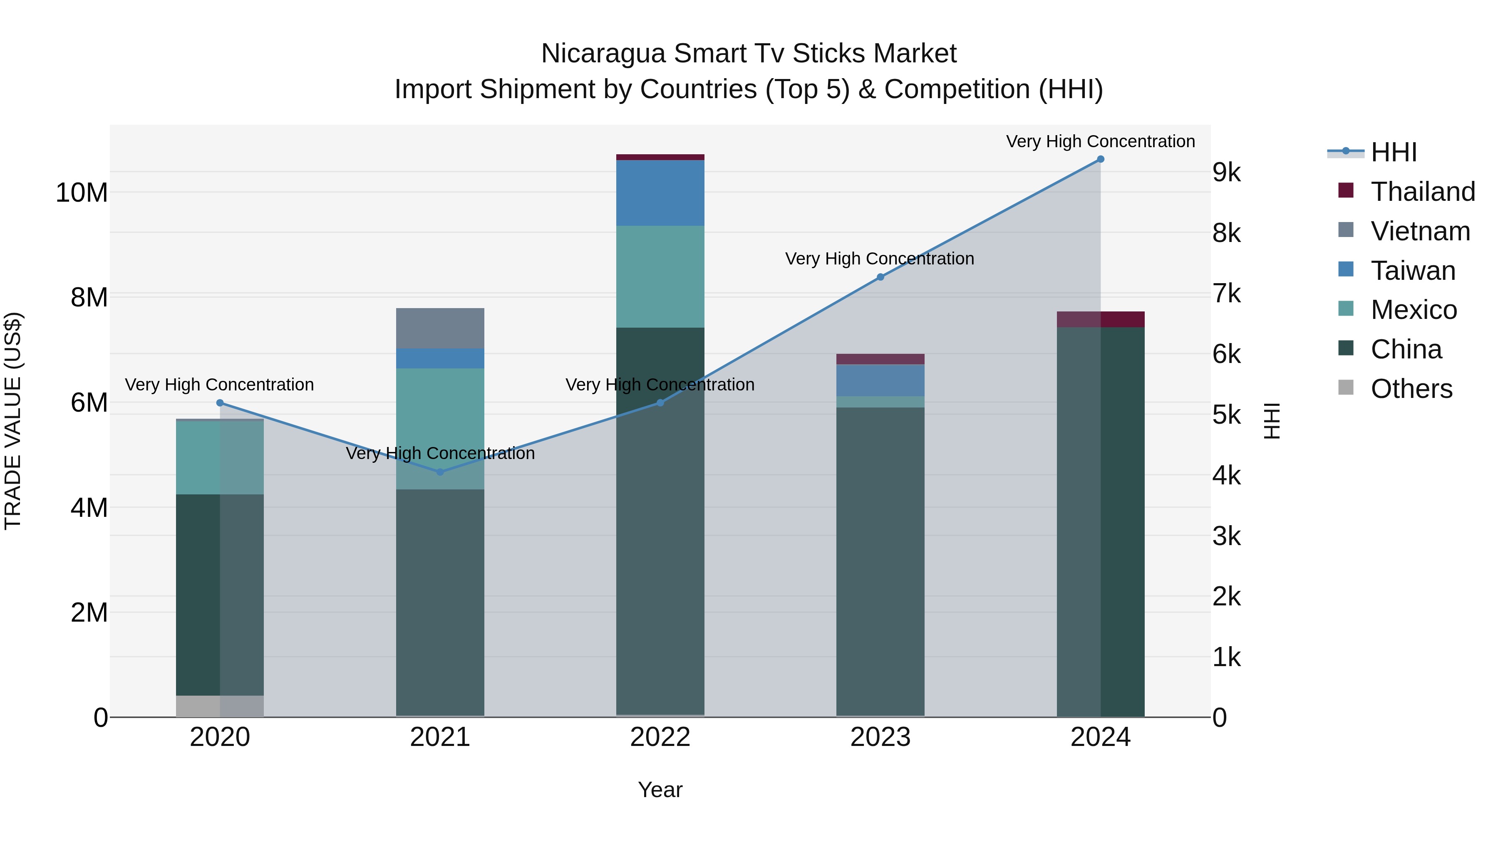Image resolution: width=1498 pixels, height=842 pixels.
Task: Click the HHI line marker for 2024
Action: click(1100, 159)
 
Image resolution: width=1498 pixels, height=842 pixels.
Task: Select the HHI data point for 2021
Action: click(440, 472)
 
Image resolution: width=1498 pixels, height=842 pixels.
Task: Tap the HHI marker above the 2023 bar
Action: click(880, 277)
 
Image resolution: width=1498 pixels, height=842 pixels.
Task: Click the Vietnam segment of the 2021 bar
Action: click(440, 328)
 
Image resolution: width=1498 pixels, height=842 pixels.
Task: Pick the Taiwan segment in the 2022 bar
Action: click(660, 193)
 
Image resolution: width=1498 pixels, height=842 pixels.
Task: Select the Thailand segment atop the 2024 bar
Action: click(1100, 320)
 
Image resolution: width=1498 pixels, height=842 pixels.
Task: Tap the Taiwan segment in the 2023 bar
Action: click(880, 380)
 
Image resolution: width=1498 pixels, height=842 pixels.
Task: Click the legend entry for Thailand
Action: click(1422, 192)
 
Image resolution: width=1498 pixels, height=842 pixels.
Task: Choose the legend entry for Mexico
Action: click(1413, 310)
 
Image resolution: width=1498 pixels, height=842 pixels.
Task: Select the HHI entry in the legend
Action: click(1393, 152)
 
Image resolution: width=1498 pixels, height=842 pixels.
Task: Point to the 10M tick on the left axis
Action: click(82, 193)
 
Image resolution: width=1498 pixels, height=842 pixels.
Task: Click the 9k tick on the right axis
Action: click(1227, 173)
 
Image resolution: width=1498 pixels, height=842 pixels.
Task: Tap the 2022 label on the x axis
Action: click(660, 737)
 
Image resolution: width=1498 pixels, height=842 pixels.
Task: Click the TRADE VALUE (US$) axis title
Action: click(13, 421)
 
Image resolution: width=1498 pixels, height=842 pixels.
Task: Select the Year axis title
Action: click(660, 790)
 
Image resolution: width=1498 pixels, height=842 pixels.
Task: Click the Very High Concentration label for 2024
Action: click(1100, 141)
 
